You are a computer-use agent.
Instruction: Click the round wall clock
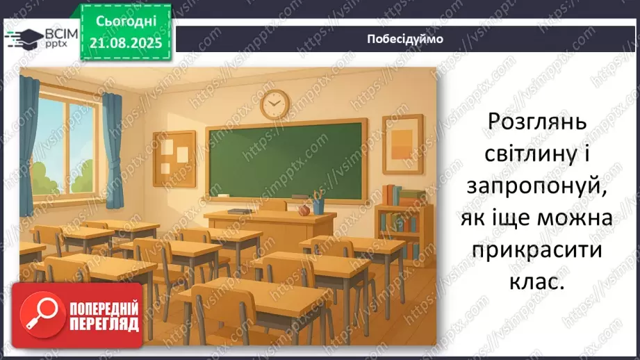274,104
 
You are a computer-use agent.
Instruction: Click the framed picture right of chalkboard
402,145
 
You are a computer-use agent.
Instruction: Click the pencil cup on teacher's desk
318,205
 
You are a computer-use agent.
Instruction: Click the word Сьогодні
126,21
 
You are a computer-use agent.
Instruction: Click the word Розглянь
537,123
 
